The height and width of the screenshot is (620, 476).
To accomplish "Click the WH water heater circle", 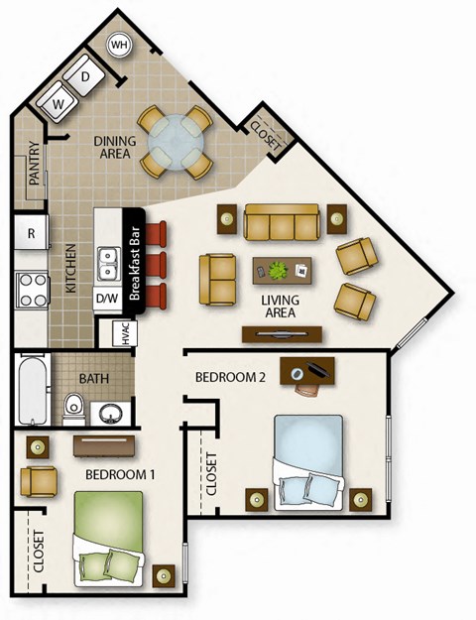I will click(x=120, y=46).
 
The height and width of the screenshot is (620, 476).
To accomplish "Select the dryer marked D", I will click(x=86, y=76).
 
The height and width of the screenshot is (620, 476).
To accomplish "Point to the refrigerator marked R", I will click(x=32, y=234).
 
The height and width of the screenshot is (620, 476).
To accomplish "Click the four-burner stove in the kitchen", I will click(x=33, y=290).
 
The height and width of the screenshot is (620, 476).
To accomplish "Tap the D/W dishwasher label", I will click(x=106, y=297).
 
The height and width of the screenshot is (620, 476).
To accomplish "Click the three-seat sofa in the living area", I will click(x=283, y=222).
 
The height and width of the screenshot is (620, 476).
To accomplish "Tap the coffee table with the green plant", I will click(x=283, y=269).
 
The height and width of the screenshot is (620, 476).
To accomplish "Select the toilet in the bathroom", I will click(x=72, y=408).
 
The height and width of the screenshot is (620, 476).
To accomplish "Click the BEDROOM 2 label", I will click(x=229, y=378).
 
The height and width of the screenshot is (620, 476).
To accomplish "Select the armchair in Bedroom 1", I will click(x=39, y=482).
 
